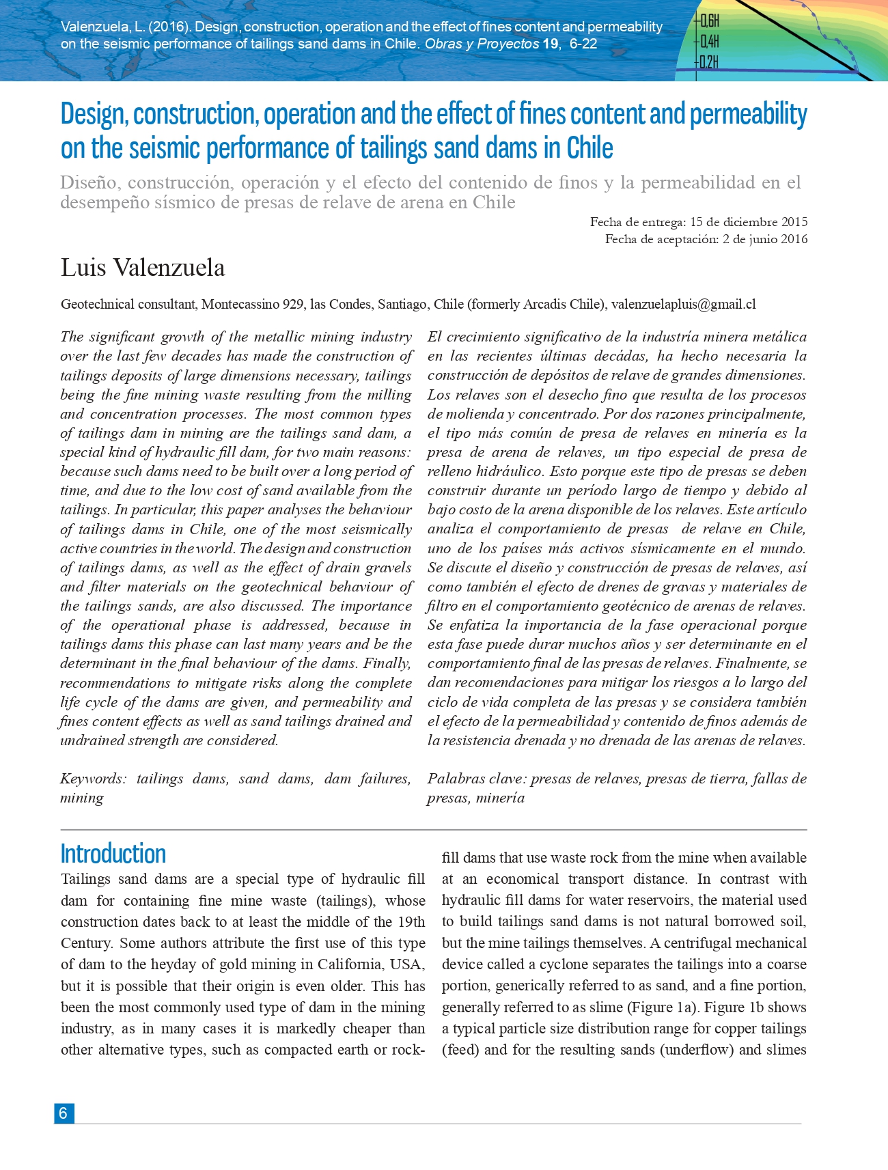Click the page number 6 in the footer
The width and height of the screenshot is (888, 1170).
tap(63, 1113)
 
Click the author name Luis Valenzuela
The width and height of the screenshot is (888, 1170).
tap(143, 268)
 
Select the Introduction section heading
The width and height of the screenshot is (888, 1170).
tap(113, 854)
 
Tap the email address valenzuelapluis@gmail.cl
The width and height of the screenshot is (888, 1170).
tap(683, 305)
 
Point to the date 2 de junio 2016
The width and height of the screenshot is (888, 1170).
tap(765, 239)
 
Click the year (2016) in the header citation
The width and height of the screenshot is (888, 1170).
tap(168, 27)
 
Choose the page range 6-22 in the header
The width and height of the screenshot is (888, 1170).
tap(583, 44)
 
